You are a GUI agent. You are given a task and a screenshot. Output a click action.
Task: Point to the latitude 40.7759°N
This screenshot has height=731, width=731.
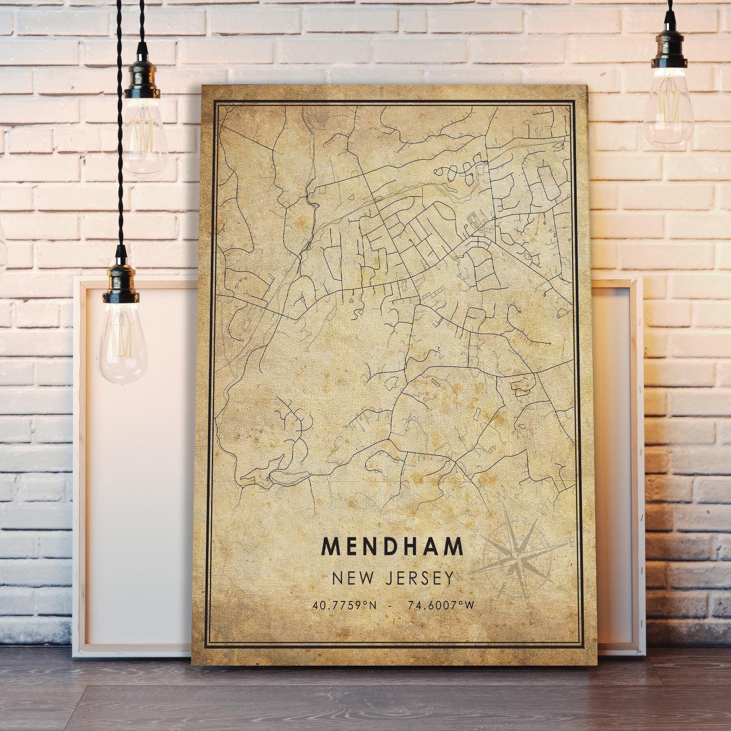[344, 605]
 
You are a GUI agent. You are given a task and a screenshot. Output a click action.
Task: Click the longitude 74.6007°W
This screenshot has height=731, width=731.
[440, 605]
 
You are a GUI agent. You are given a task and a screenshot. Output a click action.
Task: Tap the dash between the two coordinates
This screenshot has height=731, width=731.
[391, 605]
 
